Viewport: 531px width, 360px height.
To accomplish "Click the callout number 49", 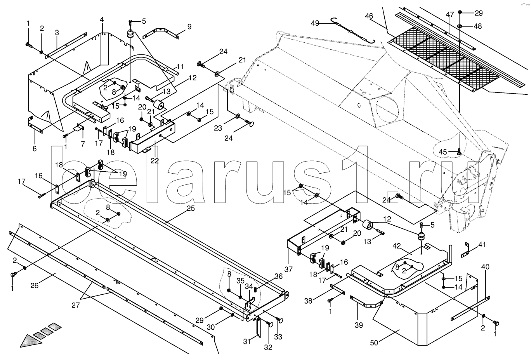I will pos(315,23).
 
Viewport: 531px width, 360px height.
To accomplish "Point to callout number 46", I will pos(369,16).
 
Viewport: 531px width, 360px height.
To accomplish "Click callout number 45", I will pos(443,151).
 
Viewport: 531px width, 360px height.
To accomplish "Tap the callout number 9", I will pos(189,27).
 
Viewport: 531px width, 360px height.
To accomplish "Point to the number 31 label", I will pos(247,341).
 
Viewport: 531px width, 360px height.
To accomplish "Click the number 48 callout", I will pos(478,26).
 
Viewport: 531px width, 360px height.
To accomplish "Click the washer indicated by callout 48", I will pos(460,26).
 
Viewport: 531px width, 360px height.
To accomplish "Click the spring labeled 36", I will pos(256,290).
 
